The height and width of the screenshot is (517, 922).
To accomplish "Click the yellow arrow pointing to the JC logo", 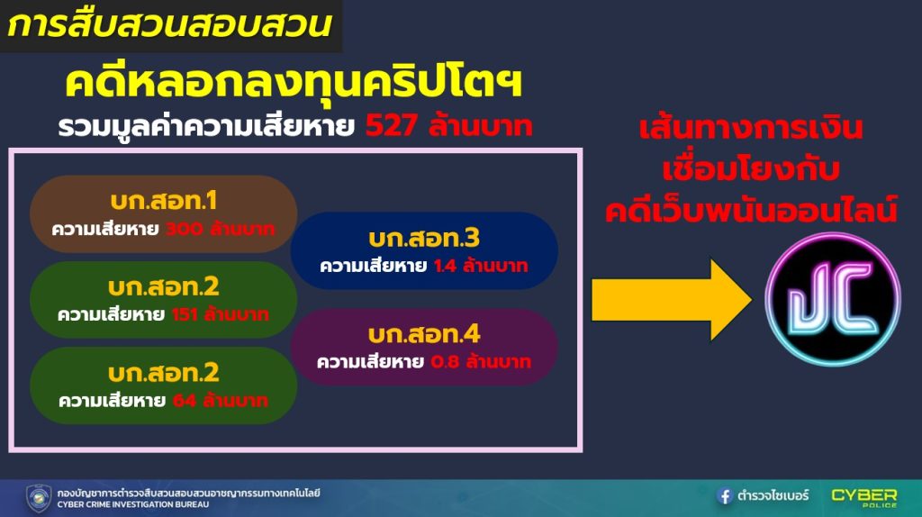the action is [672, 300].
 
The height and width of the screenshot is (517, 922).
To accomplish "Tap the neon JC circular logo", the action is [833, 299].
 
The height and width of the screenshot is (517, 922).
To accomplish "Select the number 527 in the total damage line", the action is [392, 125].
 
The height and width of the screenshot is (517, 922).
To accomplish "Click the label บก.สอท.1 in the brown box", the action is [164, 201].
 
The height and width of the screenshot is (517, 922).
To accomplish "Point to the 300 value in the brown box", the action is [184, 229].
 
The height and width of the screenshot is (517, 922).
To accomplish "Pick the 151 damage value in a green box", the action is [184, 314].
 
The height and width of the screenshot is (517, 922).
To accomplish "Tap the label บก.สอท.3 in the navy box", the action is [424, 238].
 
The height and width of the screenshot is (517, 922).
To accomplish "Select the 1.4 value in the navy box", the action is [445, 266].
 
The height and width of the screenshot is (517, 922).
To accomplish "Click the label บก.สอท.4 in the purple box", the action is [424, 335].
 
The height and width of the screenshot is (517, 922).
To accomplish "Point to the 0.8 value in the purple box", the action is [445, 362].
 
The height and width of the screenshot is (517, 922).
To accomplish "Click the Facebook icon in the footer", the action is [725, 495].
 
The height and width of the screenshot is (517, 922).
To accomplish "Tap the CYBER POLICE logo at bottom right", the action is [864, 497].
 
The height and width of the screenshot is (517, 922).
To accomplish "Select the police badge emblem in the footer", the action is [39, 498].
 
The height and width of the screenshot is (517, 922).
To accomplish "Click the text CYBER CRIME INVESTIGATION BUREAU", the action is [133, 504].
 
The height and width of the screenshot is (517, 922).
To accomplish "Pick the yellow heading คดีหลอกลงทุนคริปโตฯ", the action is [294, 82].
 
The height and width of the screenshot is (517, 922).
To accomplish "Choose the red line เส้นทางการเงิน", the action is [751, 128].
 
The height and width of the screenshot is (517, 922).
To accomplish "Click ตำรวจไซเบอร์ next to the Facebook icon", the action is [773, 495].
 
